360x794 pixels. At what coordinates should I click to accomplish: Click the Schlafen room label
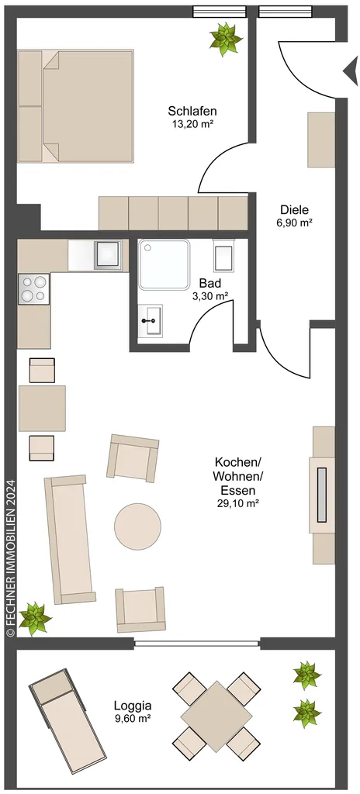tap(192, 111)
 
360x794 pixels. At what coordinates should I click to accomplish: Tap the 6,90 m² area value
tap(294, 221)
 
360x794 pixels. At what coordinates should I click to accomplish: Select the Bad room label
tap(210, 283)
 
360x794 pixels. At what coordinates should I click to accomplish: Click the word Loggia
tap(133, 706)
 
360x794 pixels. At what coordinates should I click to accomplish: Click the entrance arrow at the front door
tap(351, 71)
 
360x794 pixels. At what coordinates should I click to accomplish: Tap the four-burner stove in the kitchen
tap(34, 288)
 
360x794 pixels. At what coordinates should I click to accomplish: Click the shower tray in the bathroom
tap(164, 265)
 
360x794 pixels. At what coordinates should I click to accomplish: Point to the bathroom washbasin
tap(150, 319)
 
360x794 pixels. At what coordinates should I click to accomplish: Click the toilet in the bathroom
tap(224, 254)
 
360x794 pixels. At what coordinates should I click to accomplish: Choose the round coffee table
tap(137, 526)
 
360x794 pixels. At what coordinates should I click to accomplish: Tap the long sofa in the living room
tap(70, 540)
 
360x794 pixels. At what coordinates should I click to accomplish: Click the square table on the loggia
tap(216, 716)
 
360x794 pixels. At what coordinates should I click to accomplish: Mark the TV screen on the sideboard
tap(322, 495)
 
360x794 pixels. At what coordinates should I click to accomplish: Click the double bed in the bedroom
tap(75, 105)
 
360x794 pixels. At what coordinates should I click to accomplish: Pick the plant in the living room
tap(35, 618)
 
